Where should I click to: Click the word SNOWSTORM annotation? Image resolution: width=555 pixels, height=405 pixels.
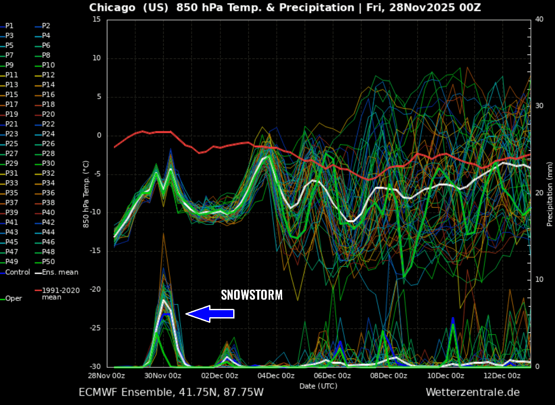(252, 295)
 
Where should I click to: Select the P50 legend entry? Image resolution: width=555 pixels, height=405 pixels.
(48, 262)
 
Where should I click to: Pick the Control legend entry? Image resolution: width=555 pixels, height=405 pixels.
(17, 272)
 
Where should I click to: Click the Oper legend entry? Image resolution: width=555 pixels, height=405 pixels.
(14, 298)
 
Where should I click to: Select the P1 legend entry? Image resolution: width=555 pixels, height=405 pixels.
(9, 26)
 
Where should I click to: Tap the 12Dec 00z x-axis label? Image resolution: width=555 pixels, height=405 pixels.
(502, 376)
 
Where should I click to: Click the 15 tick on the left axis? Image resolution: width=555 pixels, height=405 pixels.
(97, 20)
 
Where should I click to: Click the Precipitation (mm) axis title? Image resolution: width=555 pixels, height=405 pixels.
(549, 194)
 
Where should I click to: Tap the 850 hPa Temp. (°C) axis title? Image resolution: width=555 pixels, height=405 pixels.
(86, 194)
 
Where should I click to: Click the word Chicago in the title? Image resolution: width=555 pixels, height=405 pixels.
(112, 8)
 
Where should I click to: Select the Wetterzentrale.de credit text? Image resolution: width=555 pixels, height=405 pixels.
(472, 392)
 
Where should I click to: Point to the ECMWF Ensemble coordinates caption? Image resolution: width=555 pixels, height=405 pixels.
(171, 392)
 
